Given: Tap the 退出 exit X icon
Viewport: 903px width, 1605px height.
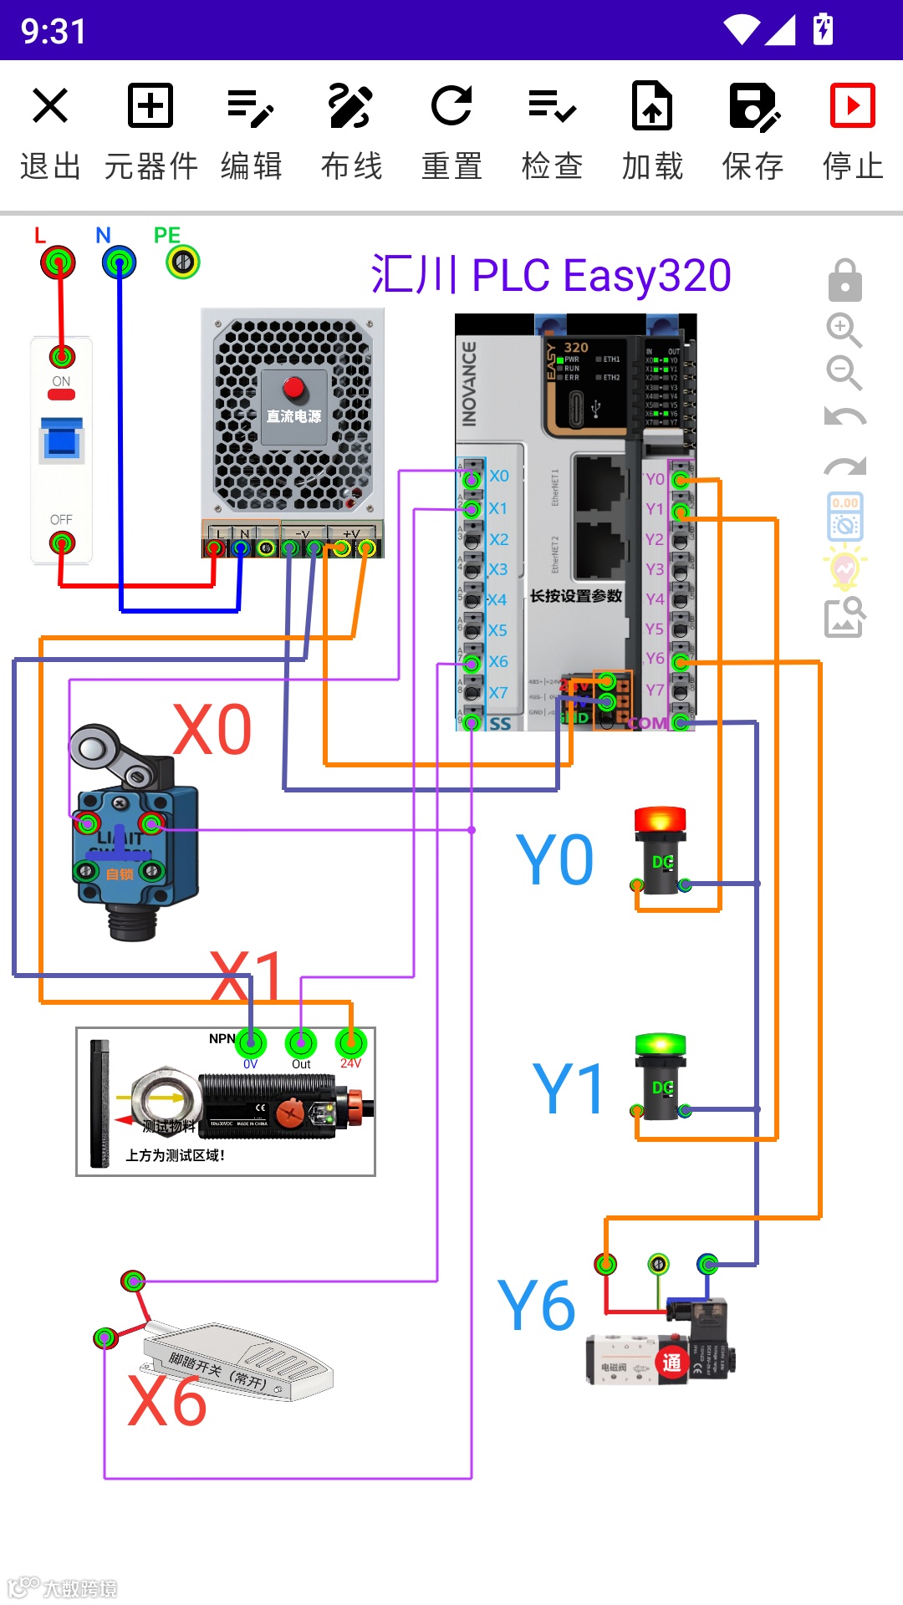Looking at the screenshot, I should coord(50,106).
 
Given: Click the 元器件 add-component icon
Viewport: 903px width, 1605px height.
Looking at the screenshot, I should coord(150,106).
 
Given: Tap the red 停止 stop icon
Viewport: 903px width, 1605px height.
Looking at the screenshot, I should coord(852,106).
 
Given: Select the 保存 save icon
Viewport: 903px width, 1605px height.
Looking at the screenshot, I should coord(752,106).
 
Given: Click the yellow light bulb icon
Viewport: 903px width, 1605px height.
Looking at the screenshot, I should coord(844,568).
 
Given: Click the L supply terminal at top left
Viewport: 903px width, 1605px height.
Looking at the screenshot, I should coord(58,262).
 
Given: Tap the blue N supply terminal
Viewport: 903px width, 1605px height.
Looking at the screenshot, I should coord(119,262).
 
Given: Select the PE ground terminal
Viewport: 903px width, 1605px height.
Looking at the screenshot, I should coord(183,262).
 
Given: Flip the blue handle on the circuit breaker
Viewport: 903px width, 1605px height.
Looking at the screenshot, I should coord(62,440).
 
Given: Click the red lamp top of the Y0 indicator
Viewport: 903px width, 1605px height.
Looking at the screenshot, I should coord(661,819).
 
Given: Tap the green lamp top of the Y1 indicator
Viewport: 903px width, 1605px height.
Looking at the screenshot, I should coord(661,1045).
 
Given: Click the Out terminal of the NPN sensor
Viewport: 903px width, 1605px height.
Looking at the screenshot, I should coord(301,1042).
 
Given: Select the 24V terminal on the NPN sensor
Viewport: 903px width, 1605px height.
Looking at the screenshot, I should coord(351,1042).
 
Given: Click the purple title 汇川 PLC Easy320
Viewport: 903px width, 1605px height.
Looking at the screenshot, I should coord(551,275).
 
